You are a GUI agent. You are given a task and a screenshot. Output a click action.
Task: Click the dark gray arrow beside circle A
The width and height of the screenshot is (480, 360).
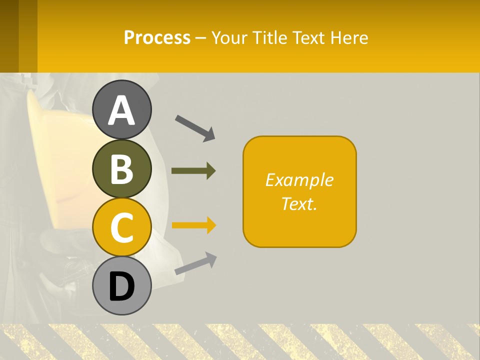(195, 128)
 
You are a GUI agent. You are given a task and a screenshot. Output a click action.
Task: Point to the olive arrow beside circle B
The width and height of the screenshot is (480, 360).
(193, 170)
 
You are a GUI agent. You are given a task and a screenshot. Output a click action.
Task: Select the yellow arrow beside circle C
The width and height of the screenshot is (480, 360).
(194, 225)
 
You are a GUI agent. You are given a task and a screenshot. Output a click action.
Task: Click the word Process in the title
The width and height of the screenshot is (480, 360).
(157, 37)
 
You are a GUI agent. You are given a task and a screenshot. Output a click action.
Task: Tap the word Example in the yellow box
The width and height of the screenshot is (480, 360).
(299, 180)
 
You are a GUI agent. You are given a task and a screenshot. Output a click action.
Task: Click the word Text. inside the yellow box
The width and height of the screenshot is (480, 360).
(299, 203)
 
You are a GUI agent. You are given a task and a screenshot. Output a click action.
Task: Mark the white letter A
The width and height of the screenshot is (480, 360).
(122, 110)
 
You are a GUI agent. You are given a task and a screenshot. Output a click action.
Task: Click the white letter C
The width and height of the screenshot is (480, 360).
(122, 228)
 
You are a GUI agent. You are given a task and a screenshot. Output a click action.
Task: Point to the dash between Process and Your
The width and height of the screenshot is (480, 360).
(200, 38)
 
